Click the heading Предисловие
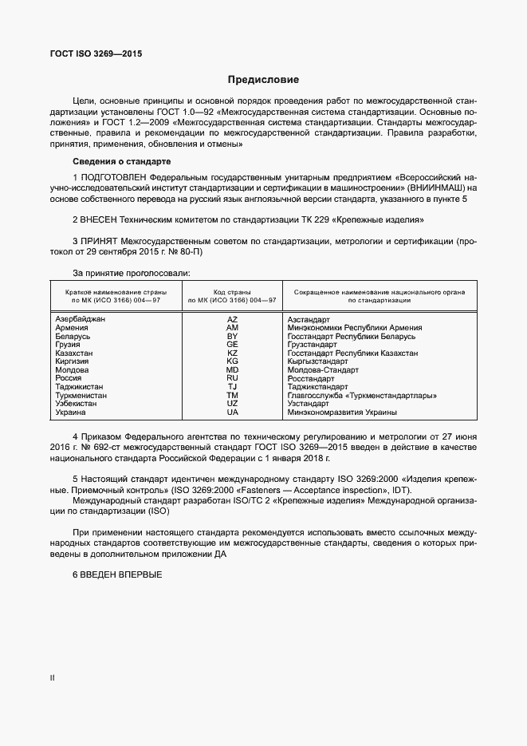click(x=263, y=80)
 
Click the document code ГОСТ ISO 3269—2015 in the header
click(x=92, y=54)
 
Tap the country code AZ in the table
click(x=232, y=318)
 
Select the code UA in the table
click(x=232, y=412)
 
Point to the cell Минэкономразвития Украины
click(x=342, y=412)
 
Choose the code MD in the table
click(x=232, y=370)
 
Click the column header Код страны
click(x=232, y=293)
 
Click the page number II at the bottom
click(x=52, y=678)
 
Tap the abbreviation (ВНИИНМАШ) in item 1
click(x=435, y=187)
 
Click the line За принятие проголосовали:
click(x=131, y=274)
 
